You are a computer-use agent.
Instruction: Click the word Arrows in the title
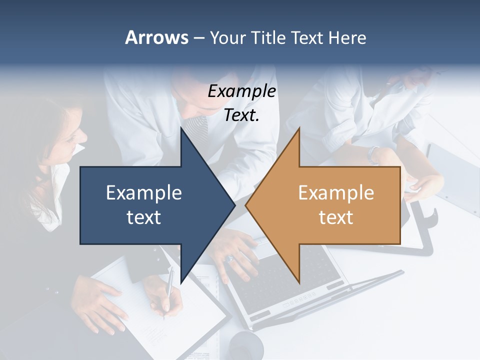[x=156, y=37]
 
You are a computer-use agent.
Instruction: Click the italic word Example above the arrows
[x=241, y=91]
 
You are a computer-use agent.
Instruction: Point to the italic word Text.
[x=241, y=115]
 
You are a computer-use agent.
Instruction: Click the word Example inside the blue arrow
[x=144, y=193]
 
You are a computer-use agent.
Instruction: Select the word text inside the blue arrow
[x=144, y=217]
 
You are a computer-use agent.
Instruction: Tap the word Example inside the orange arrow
[x=336, y=193]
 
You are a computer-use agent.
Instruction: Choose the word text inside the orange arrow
[x=336, y=217]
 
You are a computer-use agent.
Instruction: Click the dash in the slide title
[x=198, y=38]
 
